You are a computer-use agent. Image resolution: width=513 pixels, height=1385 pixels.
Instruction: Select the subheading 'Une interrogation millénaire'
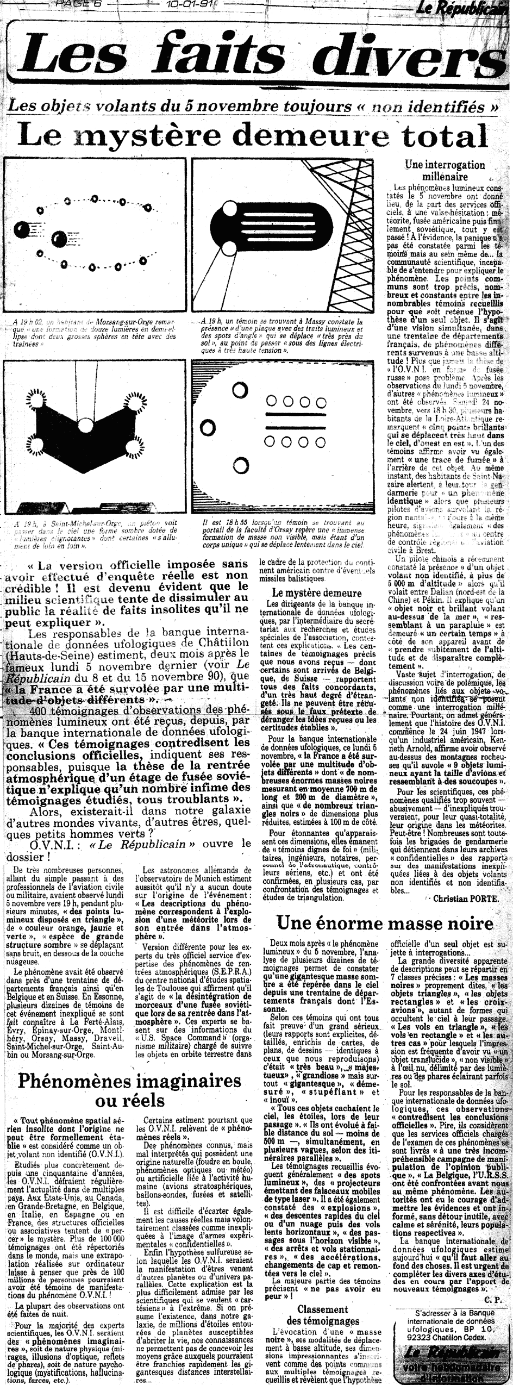click(x=444, y=171)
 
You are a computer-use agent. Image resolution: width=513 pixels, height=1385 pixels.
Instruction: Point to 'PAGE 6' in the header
click(x=76, y=4)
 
